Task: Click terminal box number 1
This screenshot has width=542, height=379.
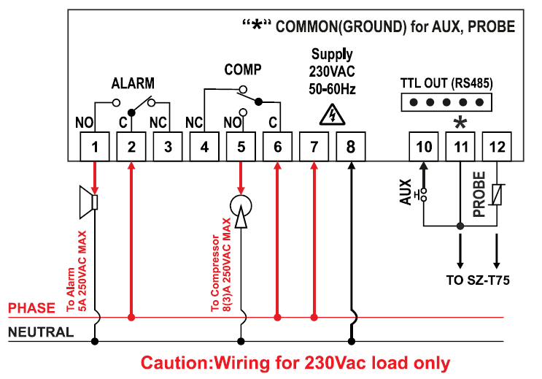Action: (x=95, y=147)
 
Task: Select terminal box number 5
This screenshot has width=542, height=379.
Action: (x=241, y=147)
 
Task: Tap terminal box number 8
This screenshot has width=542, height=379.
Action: (x=351, y=147)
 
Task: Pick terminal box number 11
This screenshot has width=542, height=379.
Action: (x=460, y=147)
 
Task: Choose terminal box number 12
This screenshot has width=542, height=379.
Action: (x=497, y=147)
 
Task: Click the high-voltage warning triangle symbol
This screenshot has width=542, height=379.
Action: (x=332, y=114)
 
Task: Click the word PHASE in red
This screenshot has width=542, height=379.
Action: (x=31, y=309)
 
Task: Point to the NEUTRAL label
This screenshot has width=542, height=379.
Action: (x=40, y=332)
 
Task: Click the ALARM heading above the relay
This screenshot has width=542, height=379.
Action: (x=133, y=83)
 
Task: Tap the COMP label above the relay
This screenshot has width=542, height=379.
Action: (x=242, y=69)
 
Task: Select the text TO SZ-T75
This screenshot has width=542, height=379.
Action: (x=479, y=280)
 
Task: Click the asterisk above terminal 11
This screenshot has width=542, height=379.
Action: (x=460, y=121)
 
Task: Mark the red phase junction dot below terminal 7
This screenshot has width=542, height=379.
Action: (x=314, y=318)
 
